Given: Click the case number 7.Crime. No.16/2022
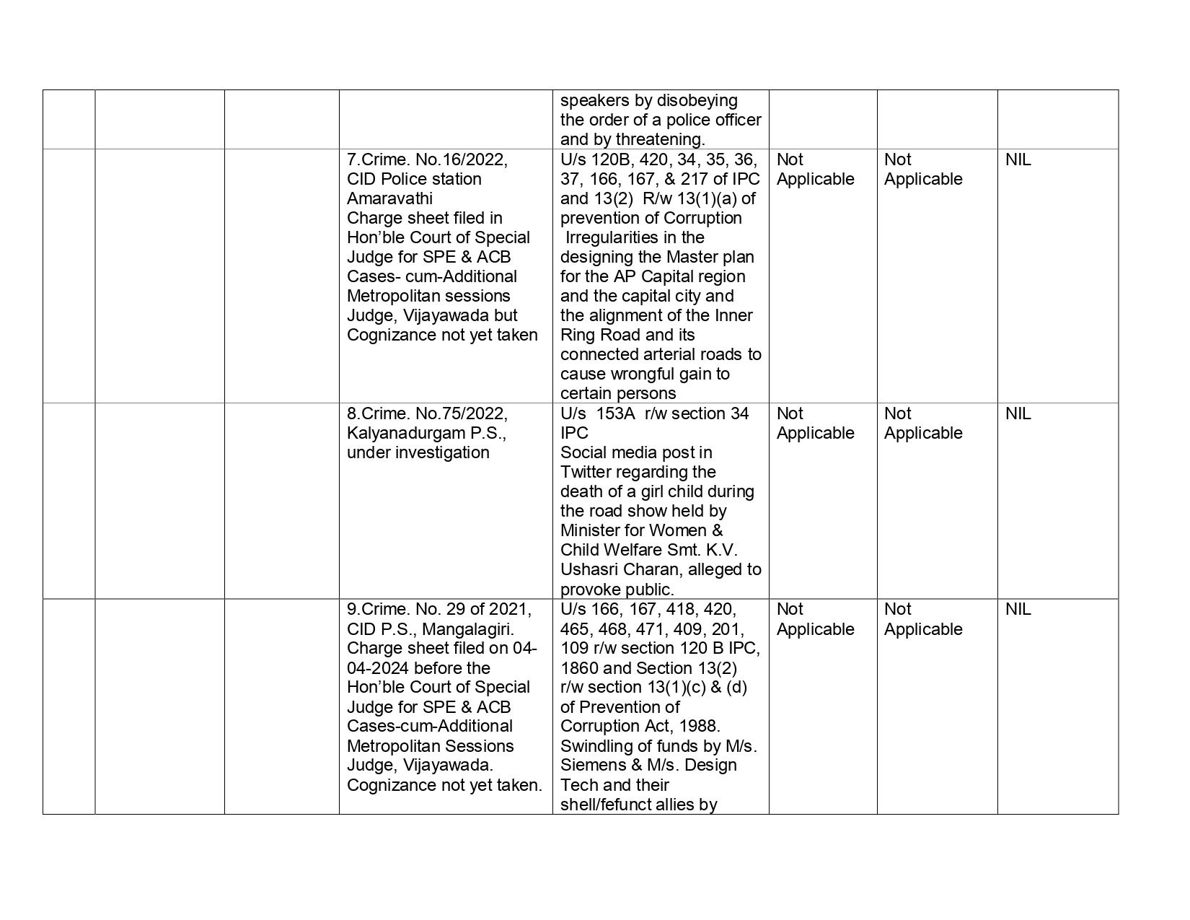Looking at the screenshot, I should [427, 159].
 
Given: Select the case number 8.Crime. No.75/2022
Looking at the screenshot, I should [427, 413].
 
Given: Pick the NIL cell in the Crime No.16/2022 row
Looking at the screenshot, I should [1018, 159].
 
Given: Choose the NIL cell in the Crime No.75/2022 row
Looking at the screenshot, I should [1018, 413].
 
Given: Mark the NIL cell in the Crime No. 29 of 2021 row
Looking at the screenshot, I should [1018, 609].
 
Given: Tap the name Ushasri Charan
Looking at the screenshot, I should [621, 569].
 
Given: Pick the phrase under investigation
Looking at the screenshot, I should [418, 452].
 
